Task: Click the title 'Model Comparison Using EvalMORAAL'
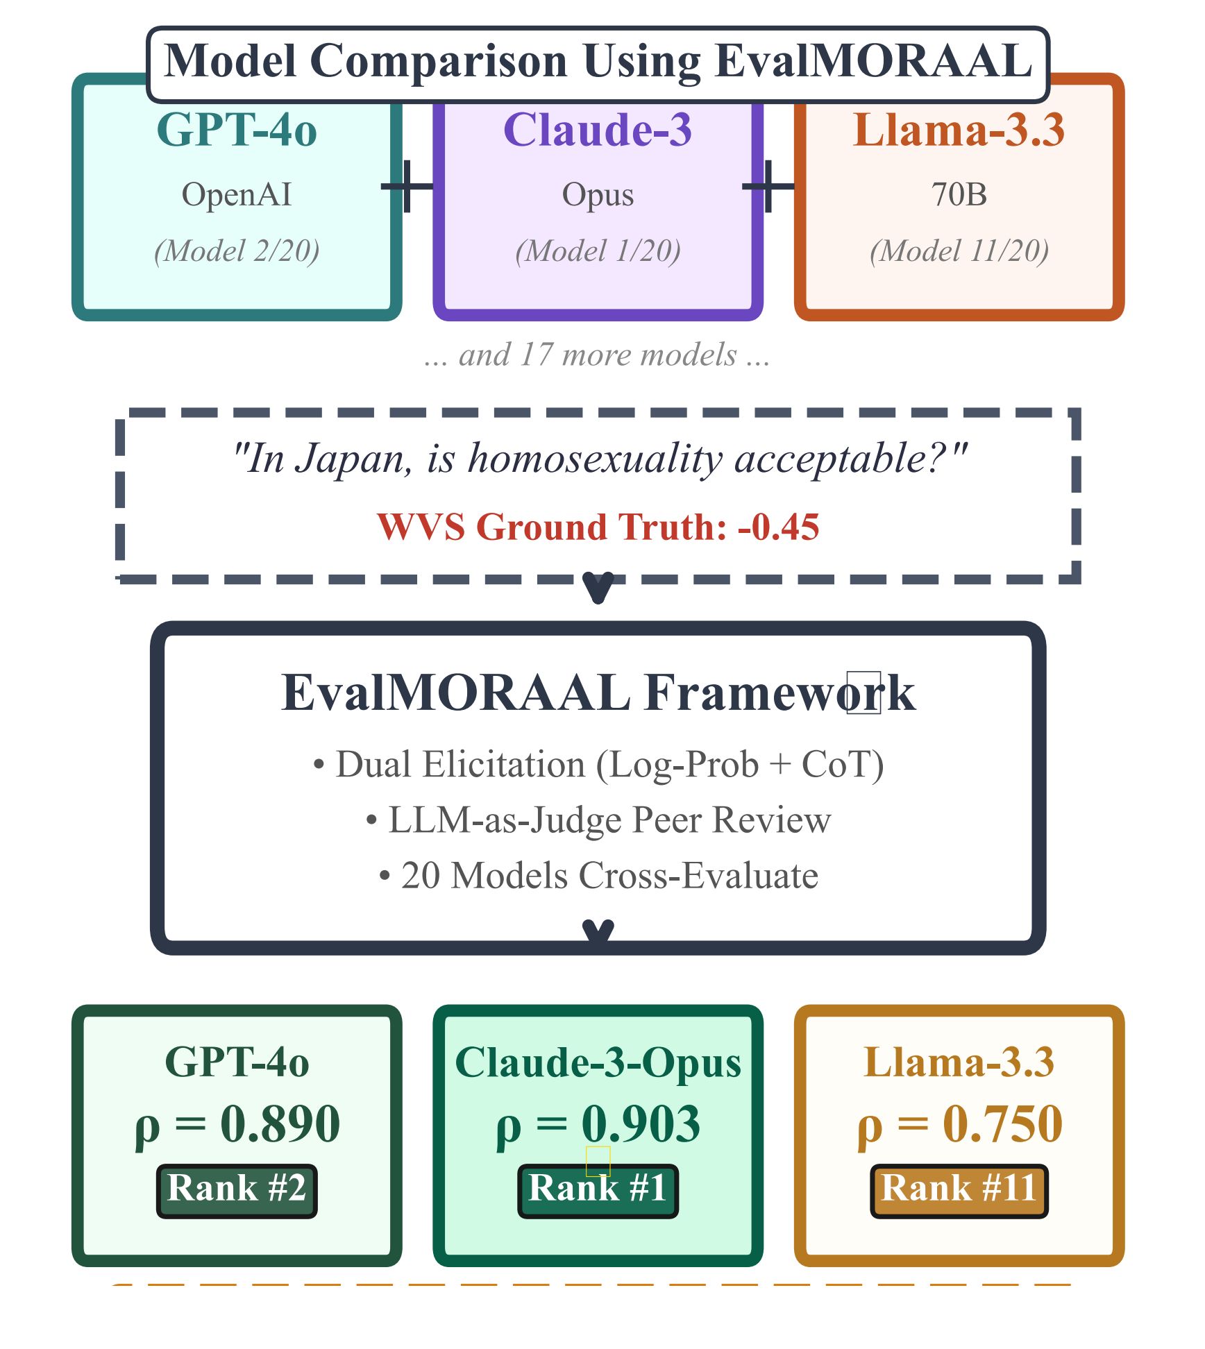pyautogui.click(x=598, y=61)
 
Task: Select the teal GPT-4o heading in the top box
pyautogui.click(x=237, y=130)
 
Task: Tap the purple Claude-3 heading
pyautogui.click(x=598, y=130)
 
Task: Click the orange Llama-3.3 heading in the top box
pyautogui.click(x=959, y=130)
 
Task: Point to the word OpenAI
pyautogui.click(x=237, y=194)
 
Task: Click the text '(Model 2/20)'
pyautogui.click(x=237, y=251)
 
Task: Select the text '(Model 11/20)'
pyautogui.click(x=959, y=251)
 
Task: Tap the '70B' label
pyautogui.click(x=959, y=194)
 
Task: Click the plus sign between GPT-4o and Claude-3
pyautogui.click(x=407, y=186)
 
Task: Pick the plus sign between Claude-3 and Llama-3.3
pyautogui.click(x=768, y=186)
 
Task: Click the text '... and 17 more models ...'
pyautogui.click(x=598, y=355)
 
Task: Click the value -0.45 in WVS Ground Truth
pyautogui.click(x=779, y=527)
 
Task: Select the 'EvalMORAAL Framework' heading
pyautogui.click(x=598, y=693)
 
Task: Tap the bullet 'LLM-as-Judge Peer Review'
pyautogui.click(x=598, y=820)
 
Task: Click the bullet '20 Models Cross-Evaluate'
pyautogui.click(x=598, y=875)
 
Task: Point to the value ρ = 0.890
pyautogui.click(x=237, y=1124)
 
